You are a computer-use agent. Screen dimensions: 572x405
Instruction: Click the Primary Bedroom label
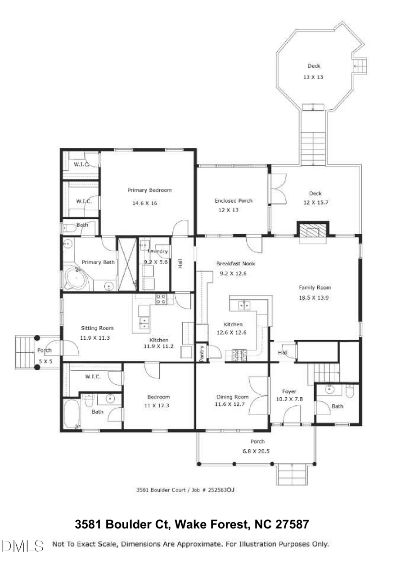(149, 190)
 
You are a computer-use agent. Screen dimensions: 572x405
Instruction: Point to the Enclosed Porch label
(233, 200)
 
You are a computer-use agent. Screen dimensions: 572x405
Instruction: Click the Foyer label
(288, 391)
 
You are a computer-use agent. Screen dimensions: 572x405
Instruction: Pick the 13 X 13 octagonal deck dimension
(313, 77)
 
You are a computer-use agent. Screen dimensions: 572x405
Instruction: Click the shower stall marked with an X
(126, 264)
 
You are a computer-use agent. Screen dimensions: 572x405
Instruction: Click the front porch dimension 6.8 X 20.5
(257, 451)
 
